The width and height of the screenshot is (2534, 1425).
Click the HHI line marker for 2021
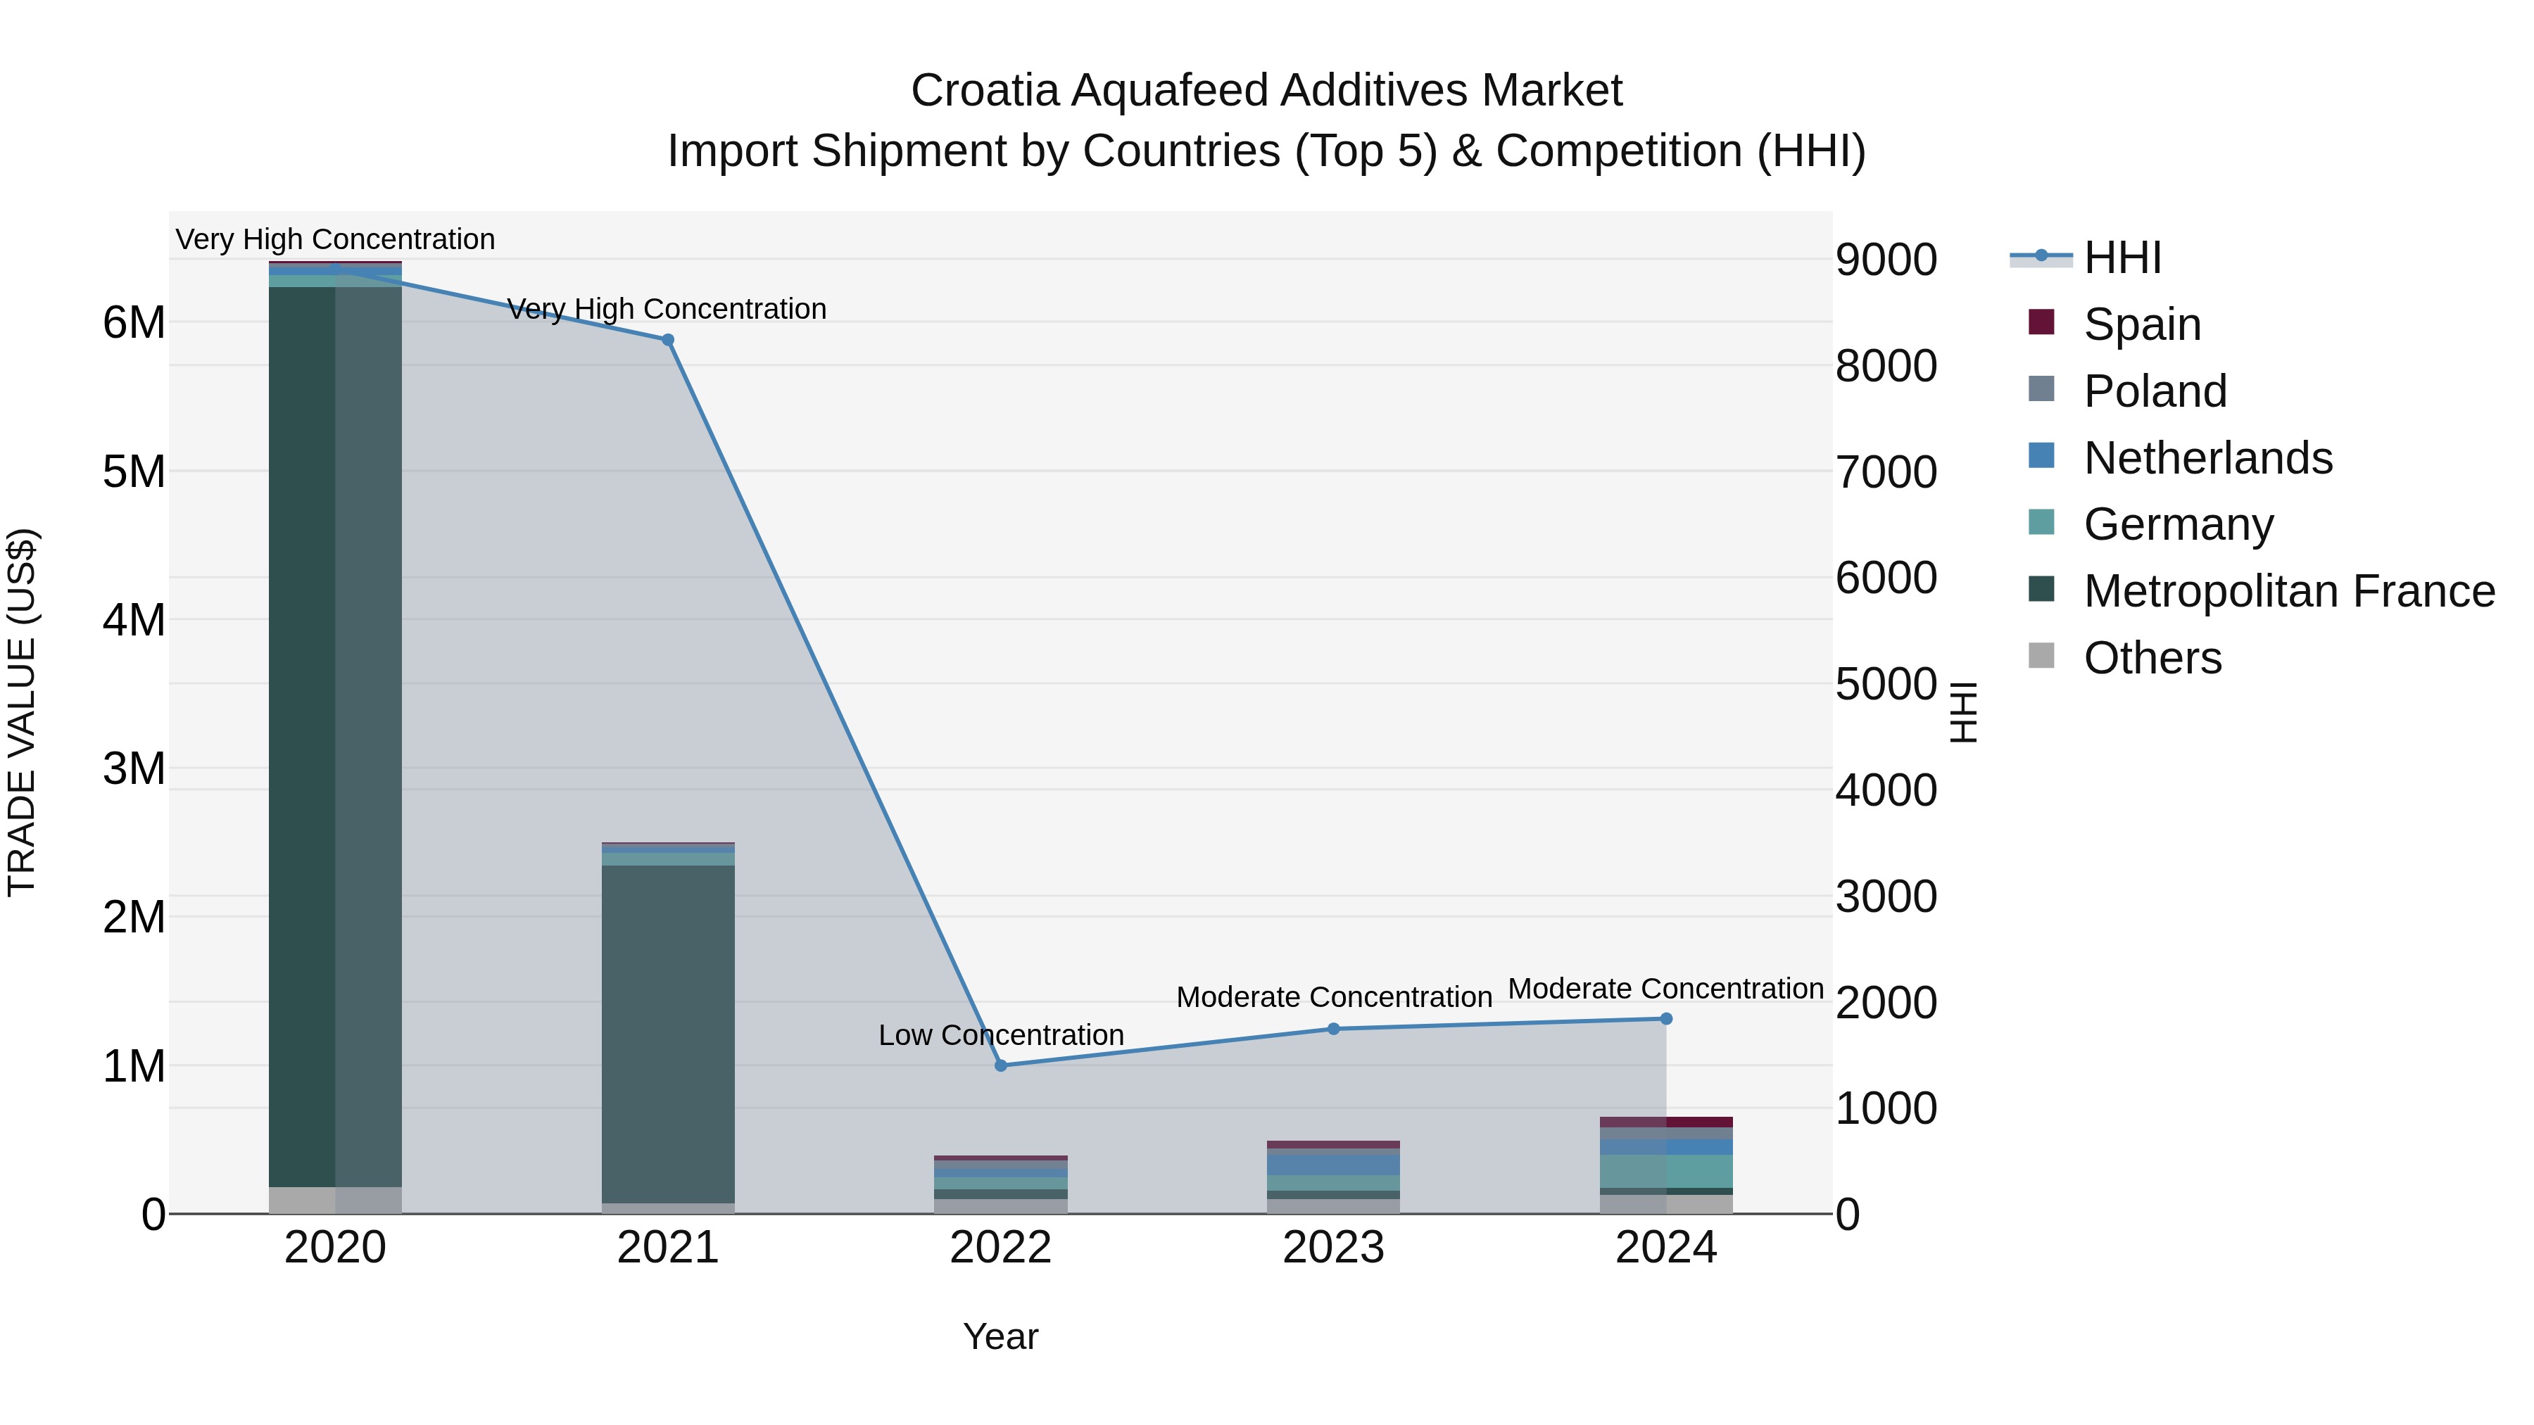[x=668, y=339]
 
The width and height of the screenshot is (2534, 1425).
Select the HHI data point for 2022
[x=1000, y=1065]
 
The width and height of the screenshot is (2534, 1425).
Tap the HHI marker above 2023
[x=1334, y=1029]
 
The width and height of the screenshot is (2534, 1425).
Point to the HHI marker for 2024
[x=1666, y=1019]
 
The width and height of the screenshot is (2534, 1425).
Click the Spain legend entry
[x=2141, y=324]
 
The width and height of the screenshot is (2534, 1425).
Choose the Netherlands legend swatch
[x=2041, y=456]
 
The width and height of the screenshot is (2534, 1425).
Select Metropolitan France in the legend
[x=2288, y=591]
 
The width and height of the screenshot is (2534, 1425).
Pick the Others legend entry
[x=2152, y=658]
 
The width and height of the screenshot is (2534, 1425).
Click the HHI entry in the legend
[x=2122, y=258]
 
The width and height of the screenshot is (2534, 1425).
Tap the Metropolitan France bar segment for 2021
[x=668, y=1032]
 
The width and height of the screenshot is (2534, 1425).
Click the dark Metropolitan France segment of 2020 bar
[x=302, y=737]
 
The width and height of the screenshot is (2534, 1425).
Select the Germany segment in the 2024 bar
[x=1666, y=1170]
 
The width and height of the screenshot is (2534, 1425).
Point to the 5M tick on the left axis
[x=134, y=472]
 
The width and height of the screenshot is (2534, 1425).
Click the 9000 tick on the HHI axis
[x=1886, y=260]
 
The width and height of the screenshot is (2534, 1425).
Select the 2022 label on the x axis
[x=1000, y=1248]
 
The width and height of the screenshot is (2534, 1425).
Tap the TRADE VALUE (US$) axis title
[x=22, y=712]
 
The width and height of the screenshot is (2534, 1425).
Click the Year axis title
[x=1000, y=1336]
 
